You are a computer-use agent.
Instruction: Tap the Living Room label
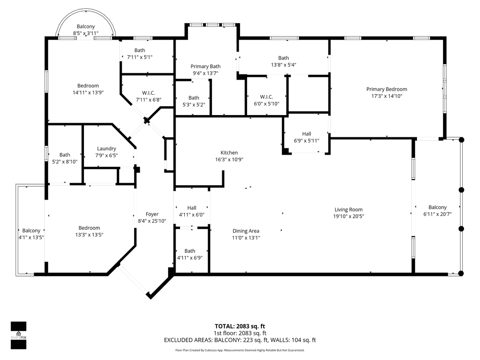[348, 209]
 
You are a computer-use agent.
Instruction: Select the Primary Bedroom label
[386, 89]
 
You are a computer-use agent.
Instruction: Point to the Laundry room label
[106, 148]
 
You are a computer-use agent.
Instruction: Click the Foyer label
[152, 214]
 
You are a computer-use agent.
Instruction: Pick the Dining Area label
[246, 231]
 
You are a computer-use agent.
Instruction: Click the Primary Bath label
[205, 66]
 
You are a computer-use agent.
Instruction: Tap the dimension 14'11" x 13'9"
[88, 92]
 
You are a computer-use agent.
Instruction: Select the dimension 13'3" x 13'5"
[89, 235]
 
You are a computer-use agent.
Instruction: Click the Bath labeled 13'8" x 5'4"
[284, 58]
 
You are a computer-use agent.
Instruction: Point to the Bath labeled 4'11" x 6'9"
[190, 251]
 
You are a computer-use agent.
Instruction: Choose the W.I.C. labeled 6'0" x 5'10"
[266, 97]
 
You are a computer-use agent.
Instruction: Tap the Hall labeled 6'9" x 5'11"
[307, 133]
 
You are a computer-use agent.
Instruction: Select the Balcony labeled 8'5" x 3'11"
[86, 27]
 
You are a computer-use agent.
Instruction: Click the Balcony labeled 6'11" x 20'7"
[437, 207]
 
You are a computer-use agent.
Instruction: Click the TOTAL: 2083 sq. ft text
[240, 325]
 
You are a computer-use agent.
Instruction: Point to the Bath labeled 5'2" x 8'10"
[65, 155]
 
